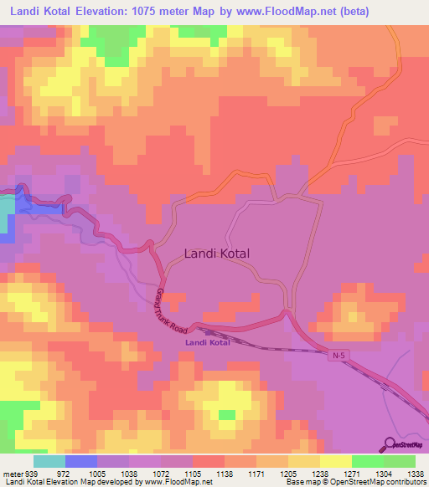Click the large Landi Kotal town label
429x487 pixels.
216,252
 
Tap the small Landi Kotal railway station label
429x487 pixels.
207,343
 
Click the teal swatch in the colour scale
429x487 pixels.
49,461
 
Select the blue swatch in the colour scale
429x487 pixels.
81,461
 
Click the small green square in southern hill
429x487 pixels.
226,414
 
